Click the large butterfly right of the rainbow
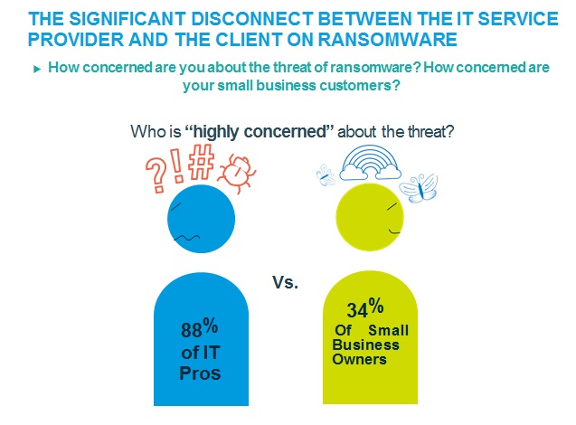click(x=422, y=188)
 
